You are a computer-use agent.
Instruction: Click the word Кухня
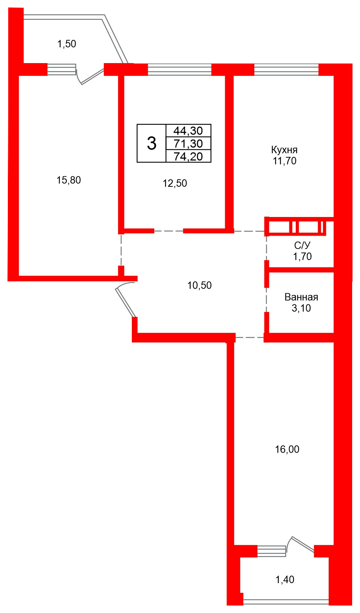pyautogui.click(x=284, y=150)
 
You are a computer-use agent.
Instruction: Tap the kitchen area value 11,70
pyautogui.click(x=285, y=161)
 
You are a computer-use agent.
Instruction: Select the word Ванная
pyautogui.click(x=301, y=297)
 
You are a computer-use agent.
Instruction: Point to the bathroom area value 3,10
pyautogui.click(x=301, y=309)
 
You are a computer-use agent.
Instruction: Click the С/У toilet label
pyautogui.click(x=302, y=245)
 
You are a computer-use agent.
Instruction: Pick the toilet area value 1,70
pyautogui.click(x=302, y=257)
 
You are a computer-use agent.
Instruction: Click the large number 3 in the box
pyautogui.click(x=152, y=143)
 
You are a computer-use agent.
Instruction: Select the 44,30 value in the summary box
pyautogui.click(x=188, y=131)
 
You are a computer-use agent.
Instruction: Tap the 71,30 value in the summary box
pyautogui.click(x=188, y=143)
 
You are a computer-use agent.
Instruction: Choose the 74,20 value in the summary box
pyautogui.click(x=188, y=157)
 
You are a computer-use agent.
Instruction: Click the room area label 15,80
pyautogui.click(x=69, y=180)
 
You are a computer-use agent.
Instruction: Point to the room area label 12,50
pyautogui.click(x=175, y=183)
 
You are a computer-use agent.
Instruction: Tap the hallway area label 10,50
pyautogui.click(x=199, y=286)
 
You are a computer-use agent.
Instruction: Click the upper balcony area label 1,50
pyautogui.click(x=67, y=44)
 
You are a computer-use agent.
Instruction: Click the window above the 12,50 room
pyautogui.click(x=180, y=69)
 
